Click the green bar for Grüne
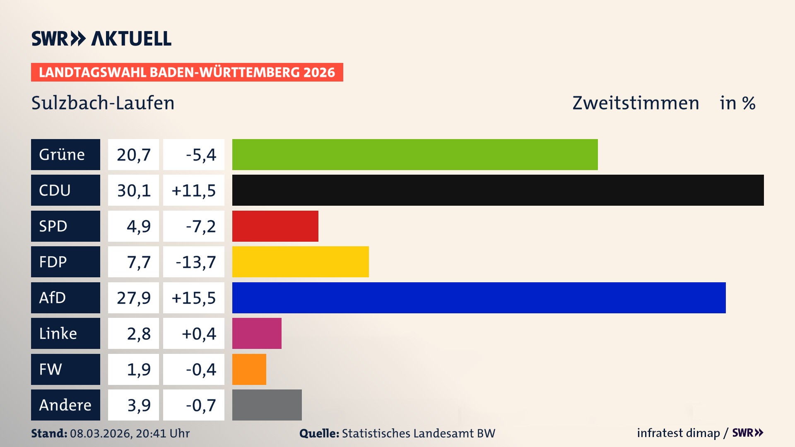click(415, 154)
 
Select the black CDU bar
click(498, 190)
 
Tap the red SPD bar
click(275, 226)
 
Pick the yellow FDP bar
click(300, 262)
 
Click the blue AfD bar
click(479, 298)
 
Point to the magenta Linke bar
click(257, 333)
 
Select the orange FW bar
click(249, 369)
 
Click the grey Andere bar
click(267, 405)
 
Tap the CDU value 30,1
click(133, 190)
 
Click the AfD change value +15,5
click(193, 298)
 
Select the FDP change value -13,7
click(195, 262)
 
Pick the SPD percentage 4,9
click(138, 226)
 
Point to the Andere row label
click(65, 405)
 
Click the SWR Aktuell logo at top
click(101, 38)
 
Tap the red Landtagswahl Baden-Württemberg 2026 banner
click(187, 72)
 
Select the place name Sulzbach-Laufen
click(103, 103)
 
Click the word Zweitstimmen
click(636, 103)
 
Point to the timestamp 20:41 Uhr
click(162, 433)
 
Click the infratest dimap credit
click(678, 433)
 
